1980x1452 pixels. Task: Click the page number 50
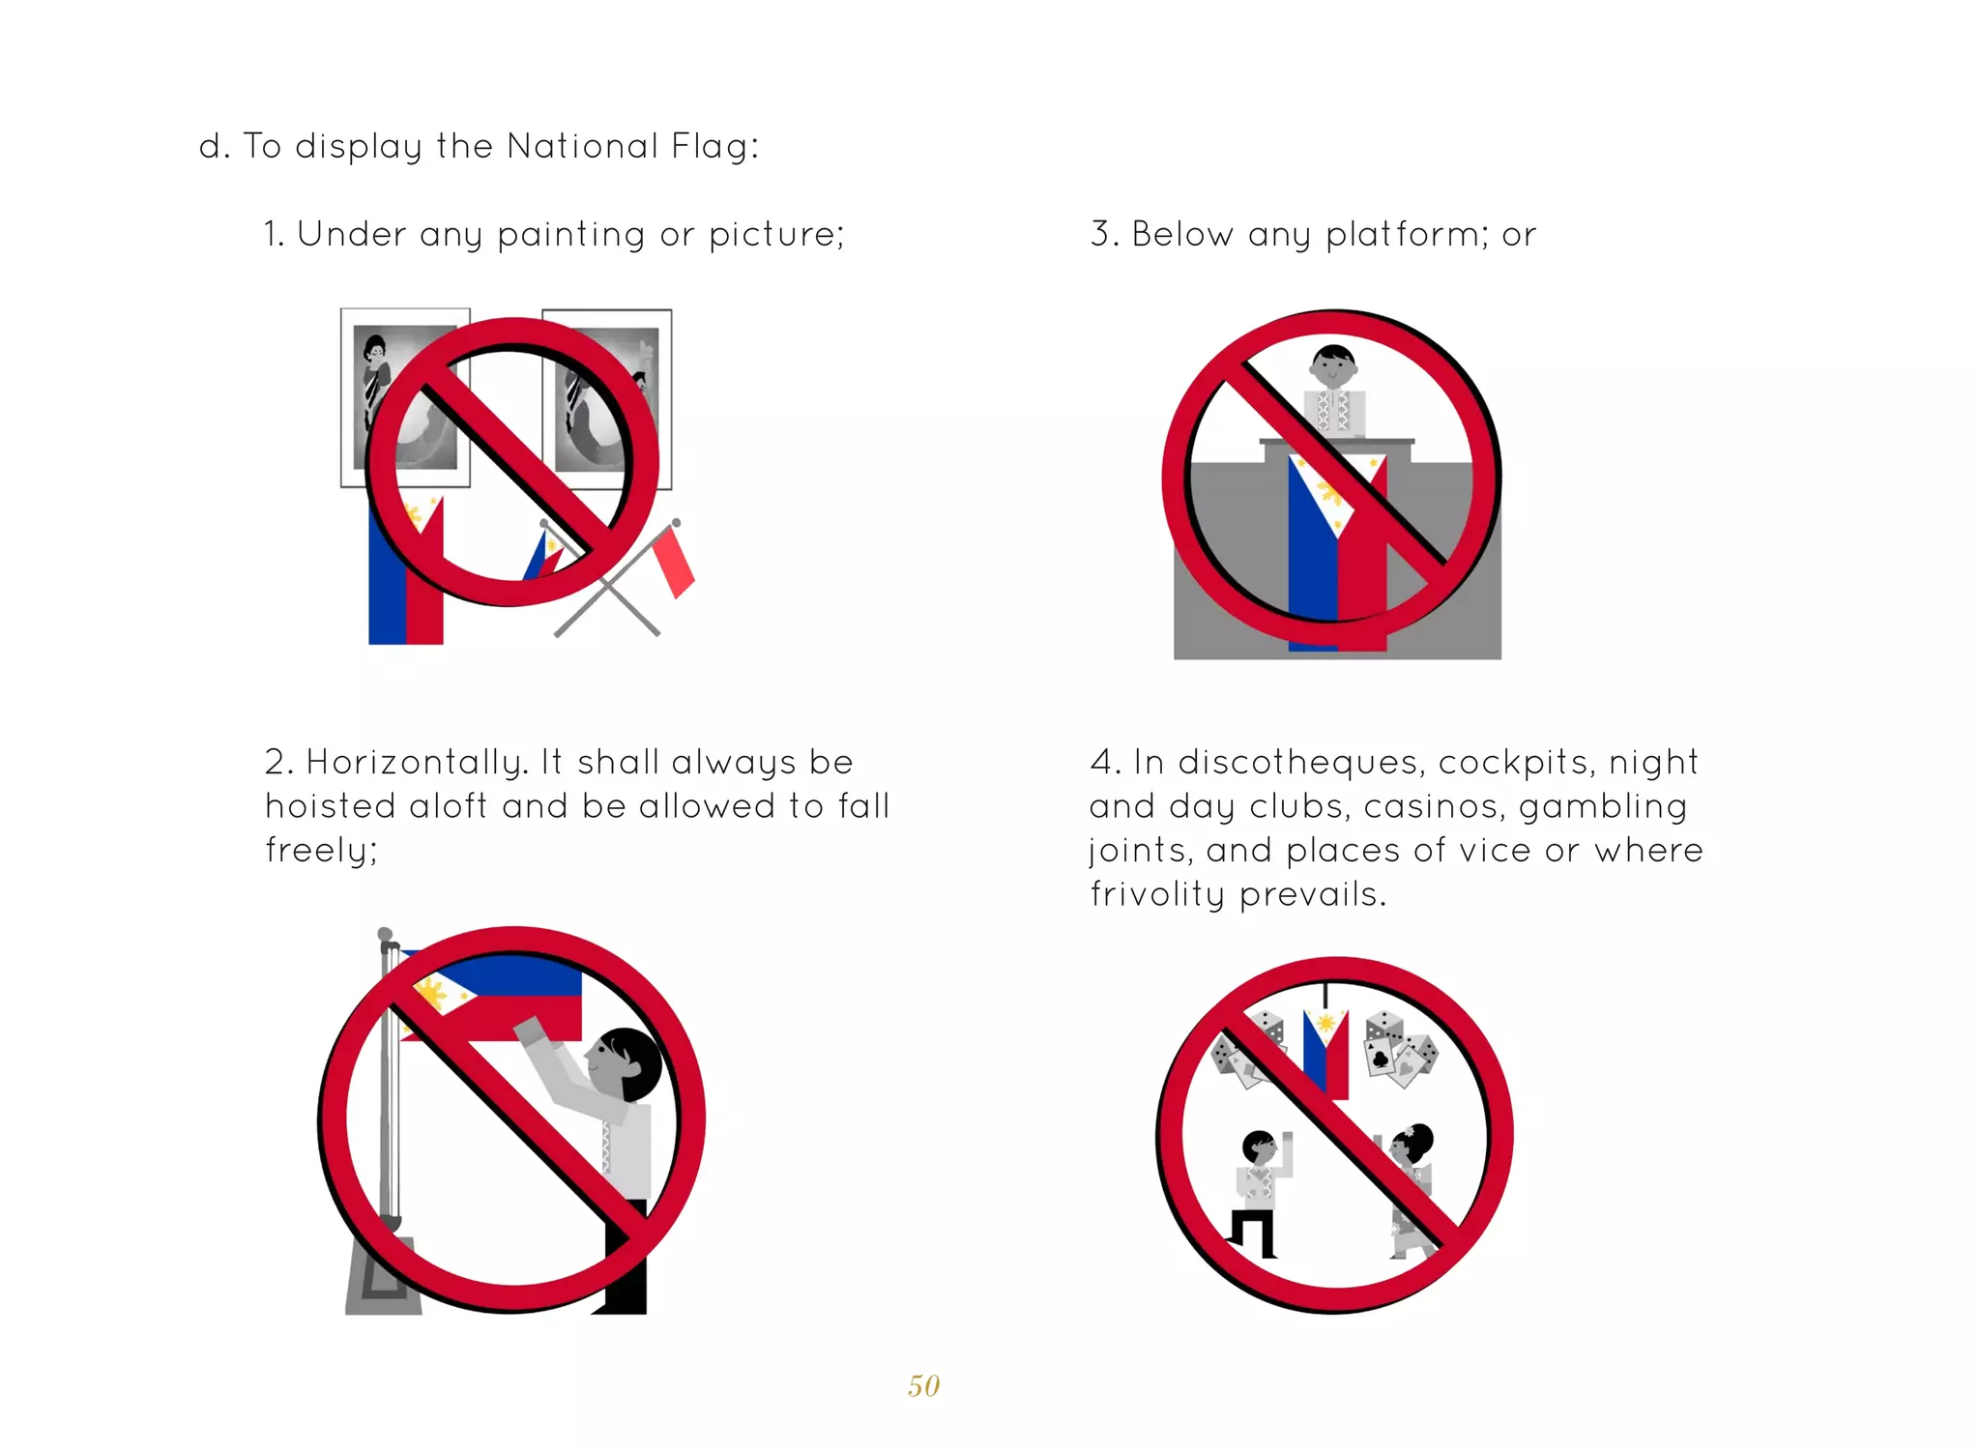click(923, 1385)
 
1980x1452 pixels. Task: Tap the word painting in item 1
click(570, 235)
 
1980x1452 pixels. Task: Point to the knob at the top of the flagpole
click(385, 934)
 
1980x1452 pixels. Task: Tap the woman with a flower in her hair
click(1412, 1189)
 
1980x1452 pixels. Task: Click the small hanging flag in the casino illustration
click(1325, 1054)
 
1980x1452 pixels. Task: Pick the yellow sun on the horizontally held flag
click(429, 993)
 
